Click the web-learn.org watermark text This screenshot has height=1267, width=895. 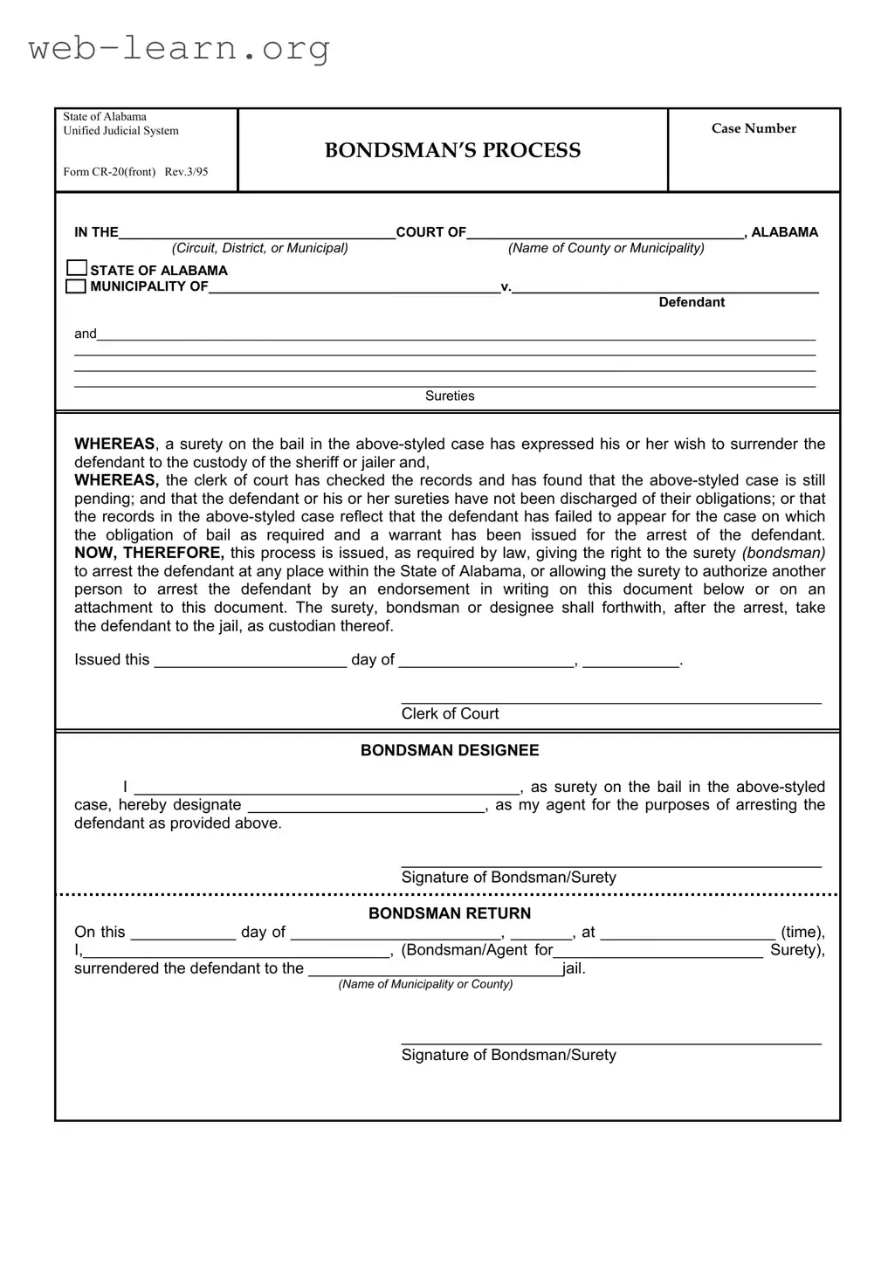point(179,48)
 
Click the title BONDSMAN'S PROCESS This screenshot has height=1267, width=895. point(452,150)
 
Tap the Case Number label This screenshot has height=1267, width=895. point(754,128)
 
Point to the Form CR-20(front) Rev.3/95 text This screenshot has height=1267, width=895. point(135,171)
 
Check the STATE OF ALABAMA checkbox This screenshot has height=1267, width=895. point(77,268)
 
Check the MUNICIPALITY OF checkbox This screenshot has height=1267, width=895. point(77,286)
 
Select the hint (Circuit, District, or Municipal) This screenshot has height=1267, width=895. point(259,248)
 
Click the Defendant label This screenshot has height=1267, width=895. point(692,302)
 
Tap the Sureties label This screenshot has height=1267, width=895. point(450,396)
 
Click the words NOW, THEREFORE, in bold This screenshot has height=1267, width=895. point(149,553)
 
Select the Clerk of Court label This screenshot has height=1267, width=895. point(450,713)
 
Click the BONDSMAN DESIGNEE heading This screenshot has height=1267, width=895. point(450,750)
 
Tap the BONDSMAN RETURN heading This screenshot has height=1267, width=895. point(450,913)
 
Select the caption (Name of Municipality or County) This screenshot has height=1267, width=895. point(425,984)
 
